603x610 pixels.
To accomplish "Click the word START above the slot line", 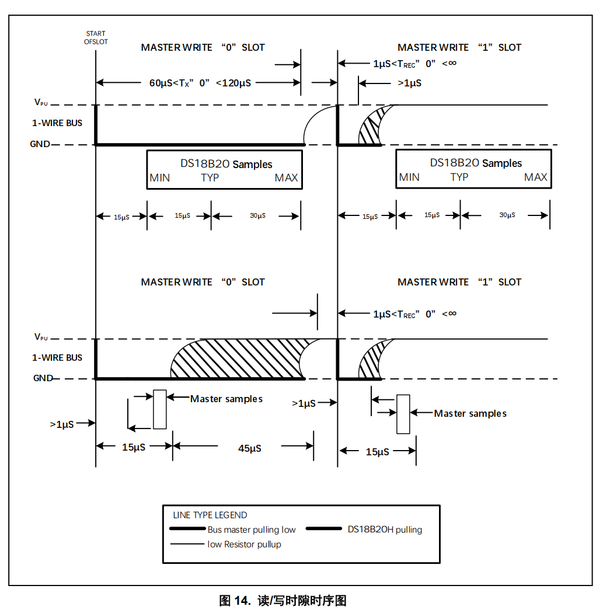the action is point(96,33).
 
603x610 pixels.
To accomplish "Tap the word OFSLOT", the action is point(96,41).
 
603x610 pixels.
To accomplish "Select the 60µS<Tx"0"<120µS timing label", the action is point(200,83).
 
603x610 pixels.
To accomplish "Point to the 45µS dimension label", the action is point(250,448).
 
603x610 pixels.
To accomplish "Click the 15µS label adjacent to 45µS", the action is point(134,447).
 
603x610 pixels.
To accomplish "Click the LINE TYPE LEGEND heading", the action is point(210,515).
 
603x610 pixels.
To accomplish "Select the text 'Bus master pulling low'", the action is point(252,529).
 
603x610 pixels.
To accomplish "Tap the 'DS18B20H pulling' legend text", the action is point(385,529).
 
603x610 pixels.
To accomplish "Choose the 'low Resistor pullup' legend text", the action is point(245,544).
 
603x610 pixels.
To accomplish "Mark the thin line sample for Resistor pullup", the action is point(187,544).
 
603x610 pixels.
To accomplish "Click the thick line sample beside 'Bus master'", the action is point(187,529).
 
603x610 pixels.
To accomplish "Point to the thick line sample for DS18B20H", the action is point(323,529).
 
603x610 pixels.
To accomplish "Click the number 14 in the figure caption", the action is point(242,600).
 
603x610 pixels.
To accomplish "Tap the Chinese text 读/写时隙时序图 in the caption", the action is point(302,600).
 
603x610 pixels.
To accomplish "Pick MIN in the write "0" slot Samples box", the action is point(160,178).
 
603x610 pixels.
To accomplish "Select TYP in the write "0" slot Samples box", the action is point(210,178).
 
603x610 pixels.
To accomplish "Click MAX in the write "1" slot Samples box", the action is point(536,177).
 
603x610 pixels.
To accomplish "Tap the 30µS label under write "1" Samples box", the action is point(507,215).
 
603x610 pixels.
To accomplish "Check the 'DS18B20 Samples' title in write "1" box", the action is point(476,163).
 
